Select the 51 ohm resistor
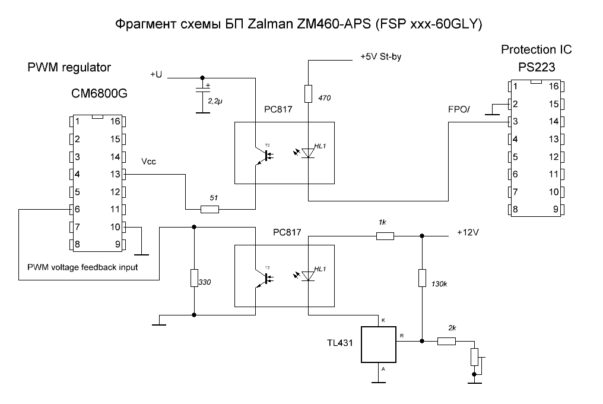tap(210, 209)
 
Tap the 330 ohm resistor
tap(195, 278)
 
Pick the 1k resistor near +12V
tap(385, 236)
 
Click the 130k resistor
tap(421, 278)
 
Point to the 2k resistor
tap(446, 341)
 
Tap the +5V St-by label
tap(385, 58)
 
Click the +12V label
tap(467, 232)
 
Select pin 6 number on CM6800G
tap(77, 209)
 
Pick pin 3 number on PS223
tap(515, 122)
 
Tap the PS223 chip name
tap(536, 67)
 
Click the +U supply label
tap(156, 74)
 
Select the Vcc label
tap(150, 162)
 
